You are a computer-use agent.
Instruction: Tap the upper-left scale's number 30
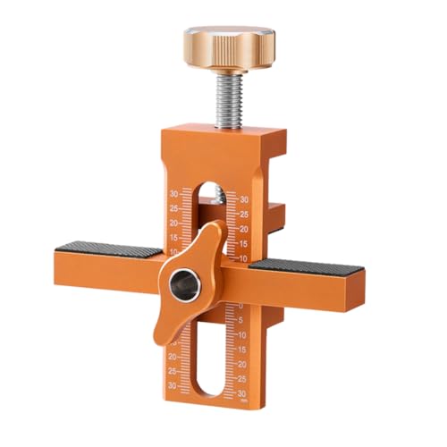pyautogui.click(x=173, y=192)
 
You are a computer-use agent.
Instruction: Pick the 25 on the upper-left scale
pyautogui.click(x=173, y=207)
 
